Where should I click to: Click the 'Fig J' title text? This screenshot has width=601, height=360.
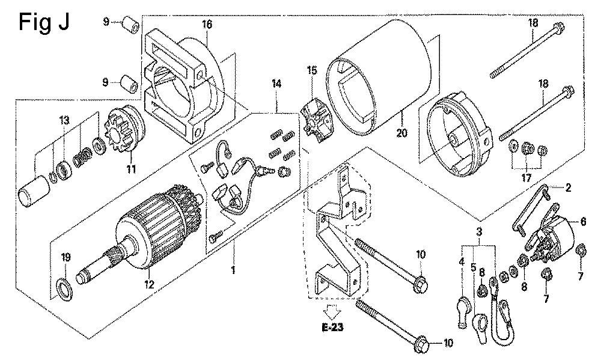coord(44,23)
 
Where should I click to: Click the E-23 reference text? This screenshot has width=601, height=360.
coord(332,328)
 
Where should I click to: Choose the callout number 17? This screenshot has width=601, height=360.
coord(526,177)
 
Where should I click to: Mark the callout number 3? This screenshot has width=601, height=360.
coord(480,231)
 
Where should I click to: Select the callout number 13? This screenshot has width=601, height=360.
coord(64,121)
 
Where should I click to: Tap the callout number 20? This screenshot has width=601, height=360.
coord(402,133)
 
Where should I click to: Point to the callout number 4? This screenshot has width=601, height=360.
coord(462,263)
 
